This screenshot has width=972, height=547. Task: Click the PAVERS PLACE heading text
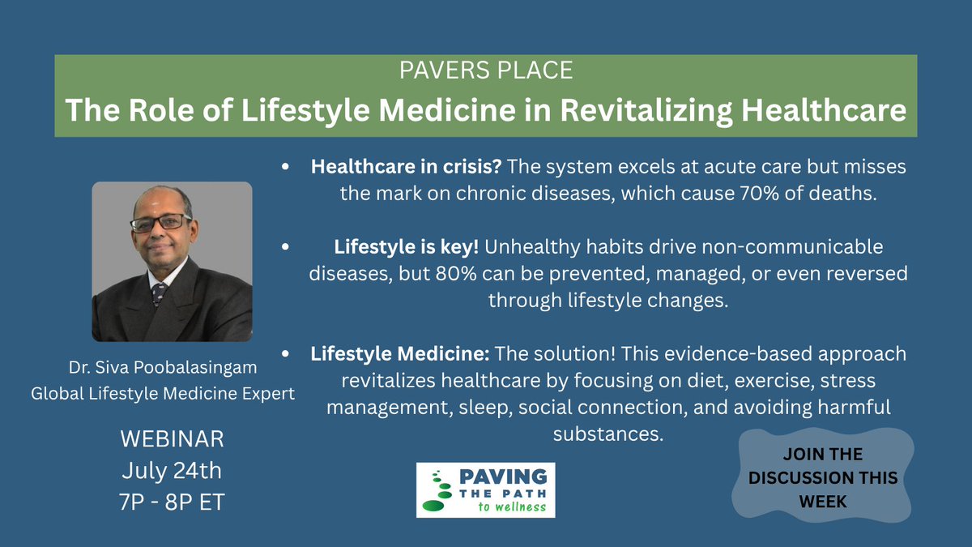tap(486, 71)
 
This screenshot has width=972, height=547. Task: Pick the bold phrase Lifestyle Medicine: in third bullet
tap(400, 354)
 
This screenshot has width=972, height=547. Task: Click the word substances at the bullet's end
tap(607, 434)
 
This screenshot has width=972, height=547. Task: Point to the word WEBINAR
tap(171, 440)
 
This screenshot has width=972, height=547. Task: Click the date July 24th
tap(171, 470)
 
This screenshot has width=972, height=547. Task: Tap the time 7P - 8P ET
tap(171, 501)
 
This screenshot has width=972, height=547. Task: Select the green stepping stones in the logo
tap(437, 491)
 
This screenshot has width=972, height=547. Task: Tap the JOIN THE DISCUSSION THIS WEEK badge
tap(822, 478)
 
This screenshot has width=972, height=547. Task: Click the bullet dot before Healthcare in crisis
tap(285, 166)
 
